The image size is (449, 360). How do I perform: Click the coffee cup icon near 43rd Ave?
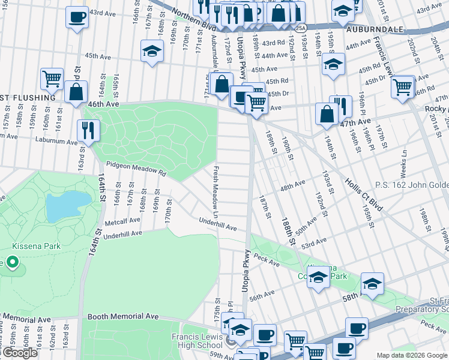click(x=76, y=17)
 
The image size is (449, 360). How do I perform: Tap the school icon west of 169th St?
click(x=152, y=51)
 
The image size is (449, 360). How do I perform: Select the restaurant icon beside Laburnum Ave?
click(x=88, y=130)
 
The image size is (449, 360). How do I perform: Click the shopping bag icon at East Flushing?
click(x=76, y=92)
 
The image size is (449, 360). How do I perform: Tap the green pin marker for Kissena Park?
click(x=10, y=262)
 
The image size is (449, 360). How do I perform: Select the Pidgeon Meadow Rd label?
click(x=136, y=168)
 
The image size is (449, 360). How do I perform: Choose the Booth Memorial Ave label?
click(x=123, y=316)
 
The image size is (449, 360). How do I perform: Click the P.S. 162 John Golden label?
click(x=412, y=184)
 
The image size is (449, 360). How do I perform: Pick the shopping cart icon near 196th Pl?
click(x=402, y=86)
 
